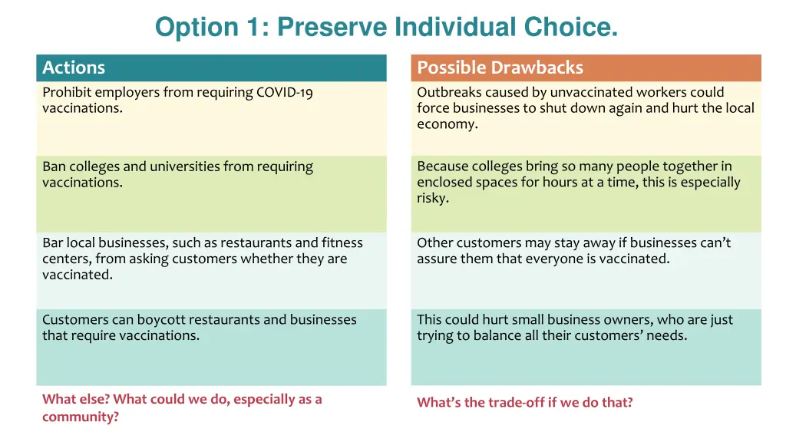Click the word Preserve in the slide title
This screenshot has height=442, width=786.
(x=332, y=27)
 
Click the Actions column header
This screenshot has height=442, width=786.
(x=74, y=68)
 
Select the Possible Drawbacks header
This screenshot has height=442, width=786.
(x=500, y=68)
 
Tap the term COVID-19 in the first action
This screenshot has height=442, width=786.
(x=285, y=92)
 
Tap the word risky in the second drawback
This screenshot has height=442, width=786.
(x=432, y=198)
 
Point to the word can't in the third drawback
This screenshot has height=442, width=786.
(x=715, y=242)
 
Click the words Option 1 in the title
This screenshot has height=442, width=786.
(x=196, y=27)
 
